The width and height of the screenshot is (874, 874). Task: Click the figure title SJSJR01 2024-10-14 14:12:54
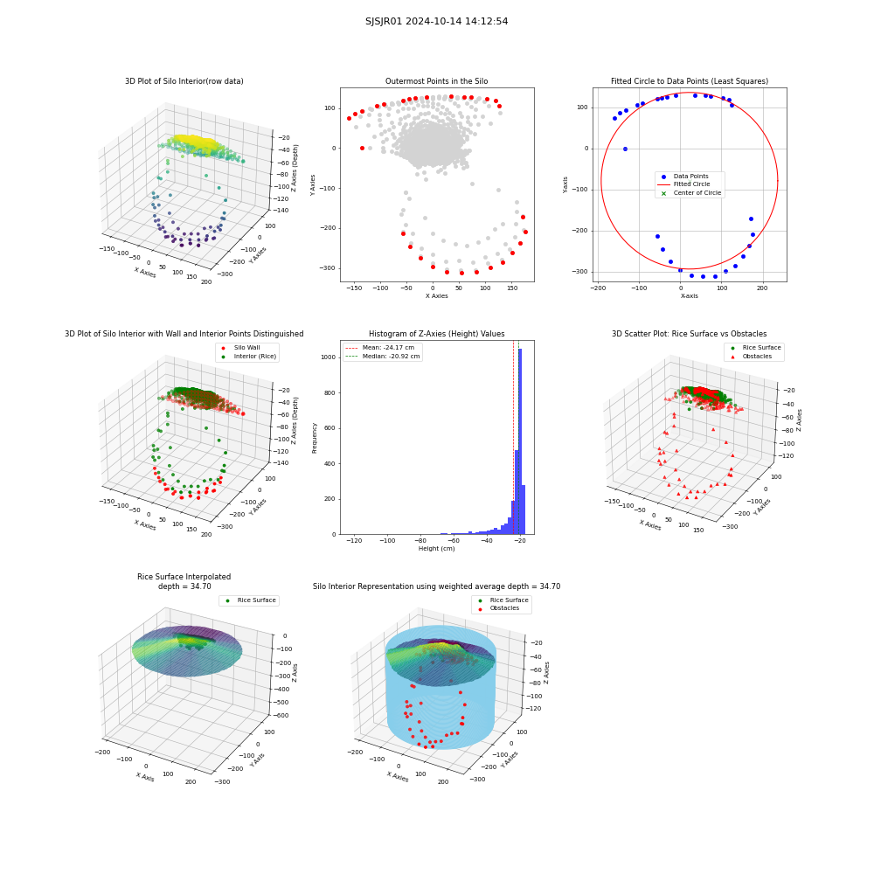coord(436,21)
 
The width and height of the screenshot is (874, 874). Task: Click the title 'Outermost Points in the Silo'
coord(436,81)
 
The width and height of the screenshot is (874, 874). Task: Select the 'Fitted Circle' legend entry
coord(691,184)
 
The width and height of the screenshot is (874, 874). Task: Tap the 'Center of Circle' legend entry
coord(691,193)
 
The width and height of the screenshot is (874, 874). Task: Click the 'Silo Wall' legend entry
coord(241,347)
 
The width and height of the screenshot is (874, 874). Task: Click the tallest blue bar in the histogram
coord(520,441)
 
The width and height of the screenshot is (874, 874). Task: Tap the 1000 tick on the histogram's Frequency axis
coord(329,357)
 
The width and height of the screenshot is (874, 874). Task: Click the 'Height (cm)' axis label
coord(436,549)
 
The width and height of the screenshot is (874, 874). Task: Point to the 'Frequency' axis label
coord(315,438)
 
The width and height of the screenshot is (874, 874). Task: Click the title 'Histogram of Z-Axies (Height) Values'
coord(436,334)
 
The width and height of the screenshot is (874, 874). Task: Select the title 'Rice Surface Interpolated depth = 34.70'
coord(184,581)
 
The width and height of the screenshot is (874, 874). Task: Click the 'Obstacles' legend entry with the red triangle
coord(754,357)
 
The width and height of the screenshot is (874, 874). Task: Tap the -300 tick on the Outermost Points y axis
coord(328,268)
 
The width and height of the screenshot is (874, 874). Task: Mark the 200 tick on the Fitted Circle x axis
coord(762,288)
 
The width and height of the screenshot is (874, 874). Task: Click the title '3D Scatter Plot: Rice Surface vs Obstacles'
coord(689,334)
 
